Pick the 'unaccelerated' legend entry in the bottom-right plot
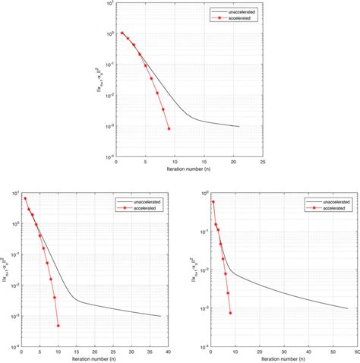(x=327, y=200)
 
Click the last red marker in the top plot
(x=169, y=128)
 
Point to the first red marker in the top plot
(x=122, y=33)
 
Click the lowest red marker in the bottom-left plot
(x=58, y=326)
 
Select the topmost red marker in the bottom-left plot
(x=25, y=199)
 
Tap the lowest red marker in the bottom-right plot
(x=230, y=313)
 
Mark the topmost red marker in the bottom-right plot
(x=213, y=202)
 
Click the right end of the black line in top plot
(x=238, y=126)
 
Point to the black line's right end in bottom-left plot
(x=160, y=316)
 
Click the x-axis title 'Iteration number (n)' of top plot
(x=188, y=170)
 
